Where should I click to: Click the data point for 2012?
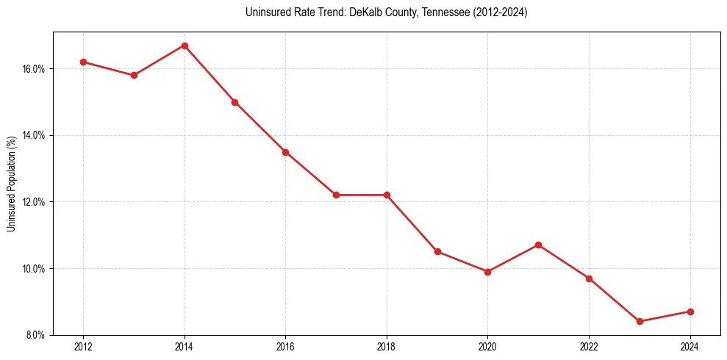[x=83, y=62]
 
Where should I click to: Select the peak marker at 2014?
[x=185, y=46]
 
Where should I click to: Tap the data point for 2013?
[x=134, y=75]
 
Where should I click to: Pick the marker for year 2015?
[x=234, y=102]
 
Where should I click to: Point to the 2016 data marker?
[x=285, y=152]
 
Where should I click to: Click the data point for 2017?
[x=336, y=195]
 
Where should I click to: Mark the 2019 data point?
[x=437, y=251]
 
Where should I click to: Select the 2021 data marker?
[x=538, y=245]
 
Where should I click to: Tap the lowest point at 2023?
[x=640, y=321]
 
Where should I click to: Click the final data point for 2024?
[x=690, y=312]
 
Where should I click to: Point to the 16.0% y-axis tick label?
[x=34, y=69]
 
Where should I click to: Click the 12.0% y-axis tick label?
[x=34, y=202]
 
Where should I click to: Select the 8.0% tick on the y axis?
[x=35, y=335]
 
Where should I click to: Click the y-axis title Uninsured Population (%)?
[x=11, y=183]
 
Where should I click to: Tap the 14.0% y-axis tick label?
[x=34, y=135]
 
